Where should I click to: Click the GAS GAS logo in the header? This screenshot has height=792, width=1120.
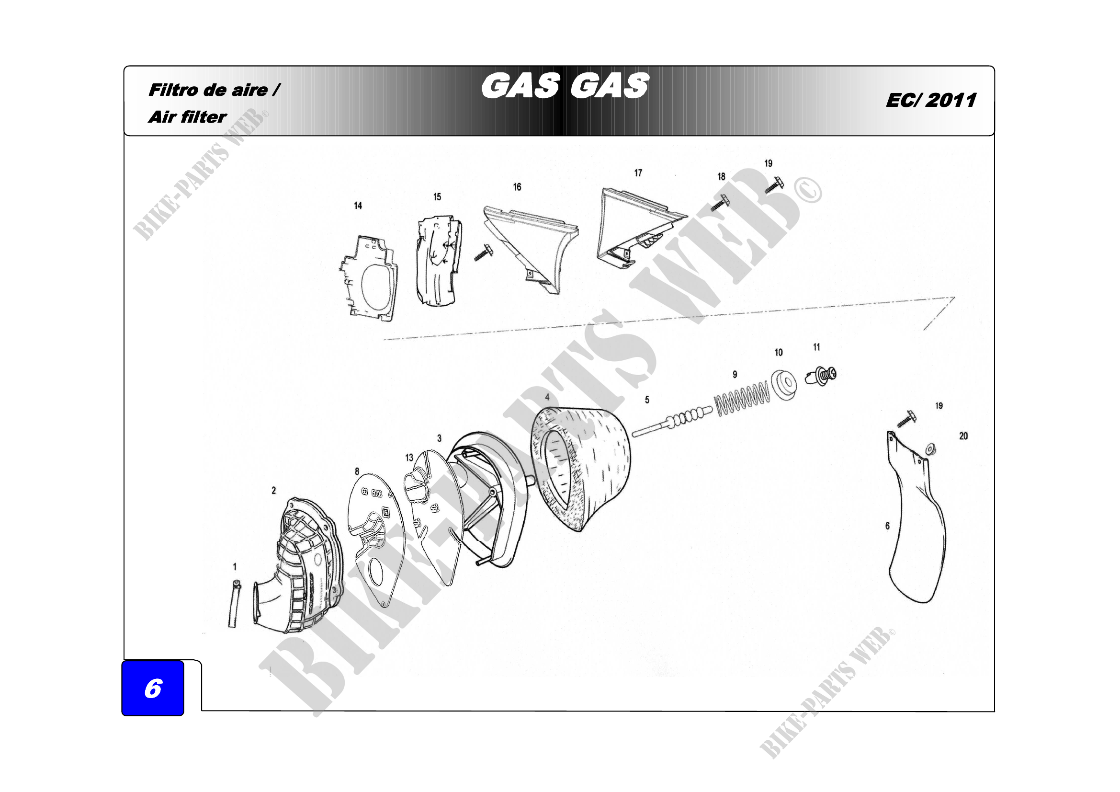tap(565, 86)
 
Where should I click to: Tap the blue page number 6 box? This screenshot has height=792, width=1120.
tap(153, 688)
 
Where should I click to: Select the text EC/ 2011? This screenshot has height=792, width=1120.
tap(931, 100)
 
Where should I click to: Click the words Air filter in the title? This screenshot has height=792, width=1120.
tap(187, 117)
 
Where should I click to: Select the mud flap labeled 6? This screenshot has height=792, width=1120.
tap(916, 517)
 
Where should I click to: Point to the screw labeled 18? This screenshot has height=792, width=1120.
tap(720, 203)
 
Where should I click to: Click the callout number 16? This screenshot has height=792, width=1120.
tap(517, 187)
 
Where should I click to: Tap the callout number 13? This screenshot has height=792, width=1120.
tap(409, 458)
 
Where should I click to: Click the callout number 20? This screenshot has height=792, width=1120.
tap(963, 436)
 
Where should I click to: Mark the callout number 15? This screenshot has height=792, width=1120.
tap(437, 196)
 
